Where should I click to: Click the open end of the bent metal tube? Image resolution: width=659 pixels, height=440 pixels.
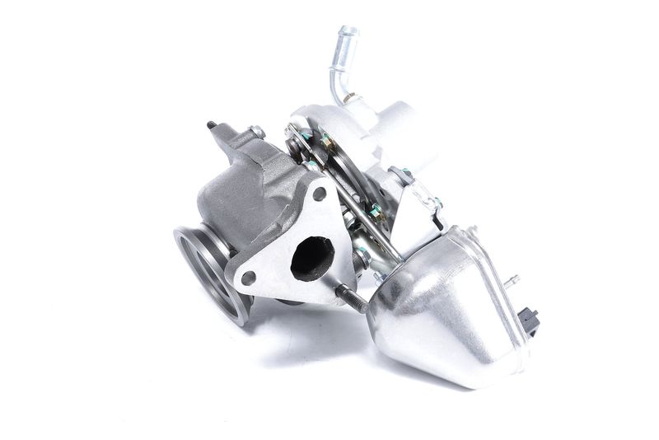[x=347, y=32]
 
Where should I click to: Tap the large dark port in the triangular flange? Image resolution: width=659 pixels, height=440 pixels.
[x=312, y=257]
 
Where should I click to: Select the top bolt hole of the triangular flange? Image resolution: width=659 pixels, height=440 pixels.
[x=319, y=194]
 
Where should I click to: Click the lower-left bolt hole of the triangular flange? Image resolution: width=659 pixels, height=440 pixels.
[x=248, y=278]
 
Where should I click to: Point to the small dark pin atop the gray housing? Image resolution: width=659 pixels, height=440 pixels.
[x=212, y=125]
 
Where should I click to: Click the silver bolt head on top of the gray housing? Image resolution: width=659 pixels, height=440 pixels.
[x=257, y=132]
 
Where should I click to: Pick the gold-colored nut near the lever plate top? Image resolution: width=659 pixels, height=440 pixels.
[x=327, y=143]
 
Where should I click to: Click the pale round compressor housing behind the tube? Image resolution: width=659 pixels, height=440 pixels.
[x=387, y=132]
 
